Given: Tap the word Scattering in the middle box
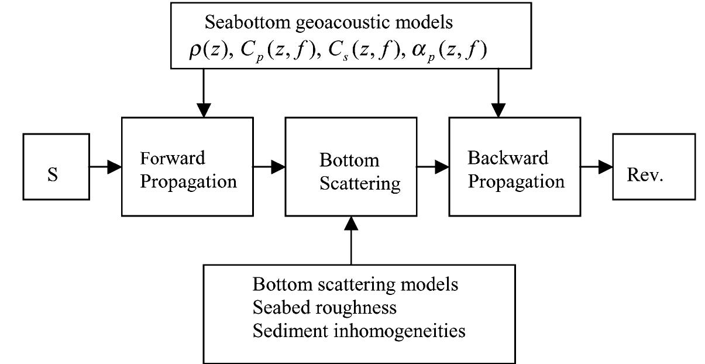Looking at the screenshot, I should click(x=359, y=184).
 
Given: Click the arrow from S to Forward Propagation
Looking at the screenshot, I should click(x=105, y=167).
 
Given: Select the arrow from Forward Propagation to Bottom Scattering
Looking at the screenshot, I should click(x=269, y=167).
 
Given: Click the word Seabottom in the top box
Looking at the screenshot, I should click(x=240, y=23).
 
